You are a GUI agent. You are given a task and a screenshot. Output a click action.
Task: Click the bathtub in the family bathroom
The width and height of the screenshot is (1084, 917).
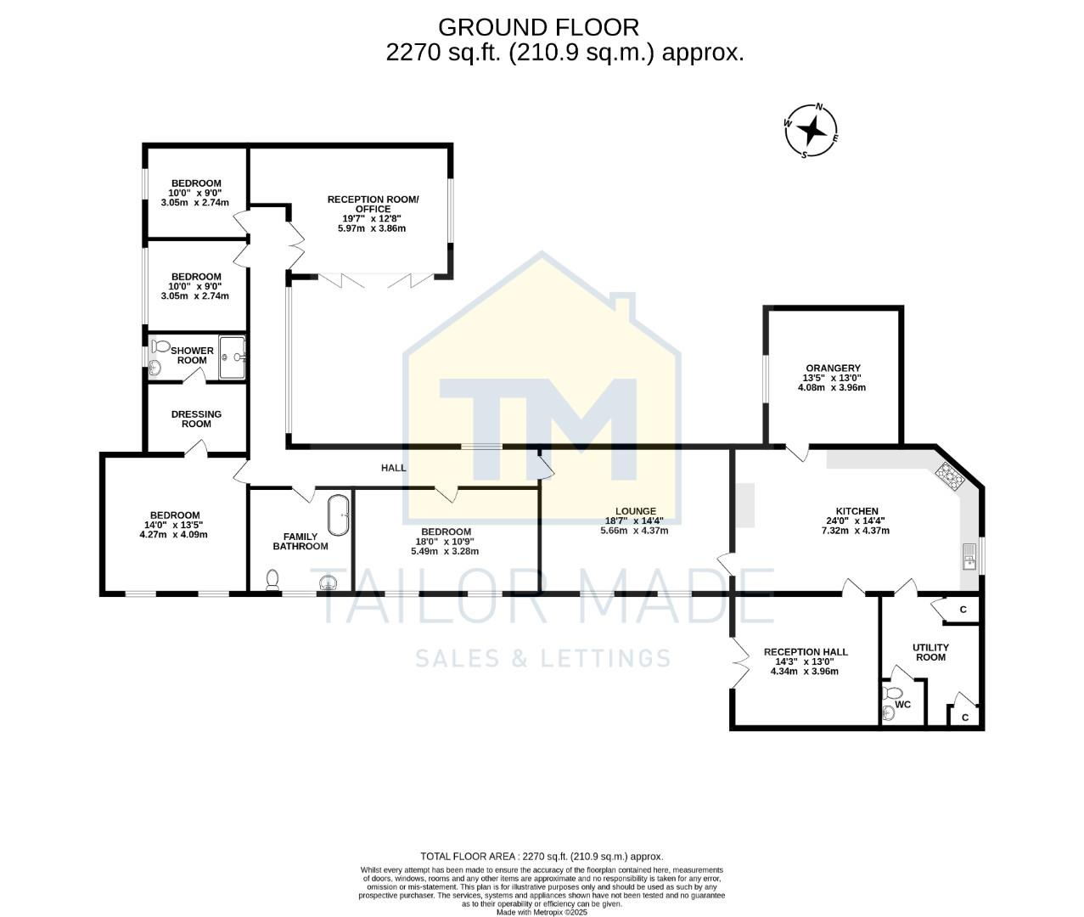coord(339,515)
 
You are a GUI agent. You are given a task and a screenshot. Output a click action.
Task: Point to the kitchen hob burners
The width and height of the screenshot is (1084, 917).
coord(950,478)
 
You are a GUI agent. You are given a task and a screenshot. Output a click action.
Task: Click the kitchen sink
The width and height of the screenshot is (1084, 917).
coord(969,556)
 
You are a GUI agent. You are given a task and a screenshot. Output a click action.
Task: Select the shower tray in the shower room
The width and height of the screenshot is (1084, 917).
coord(232,357)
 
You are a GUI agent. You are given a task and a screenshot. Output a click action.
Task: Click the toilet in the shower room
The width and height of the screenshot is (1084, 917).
coord(159,346)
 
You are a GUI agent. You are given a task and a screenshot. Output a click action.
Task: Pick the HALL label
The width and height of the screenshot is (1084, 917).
coord(393,468)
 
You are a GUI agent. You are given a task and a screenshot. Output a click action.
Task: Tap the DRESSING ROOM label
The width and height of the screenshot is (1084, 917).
coord(196,419)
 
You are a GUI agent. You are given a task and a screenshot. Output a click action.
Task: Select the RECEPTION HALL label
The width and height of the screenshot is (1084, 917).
coord(805,652)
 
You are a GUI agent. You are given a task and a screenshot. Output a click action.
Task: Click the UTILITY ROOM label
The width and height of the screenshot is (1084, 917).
coord(930,652)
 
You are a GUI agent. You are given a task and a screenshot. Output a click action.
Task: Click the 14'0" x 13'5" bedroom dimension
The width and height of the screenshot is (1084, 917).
coord(175,525)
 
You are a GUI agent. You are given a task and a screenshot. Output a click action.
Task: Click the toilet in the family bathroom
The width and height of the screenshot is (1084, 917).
coord(272,580)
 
